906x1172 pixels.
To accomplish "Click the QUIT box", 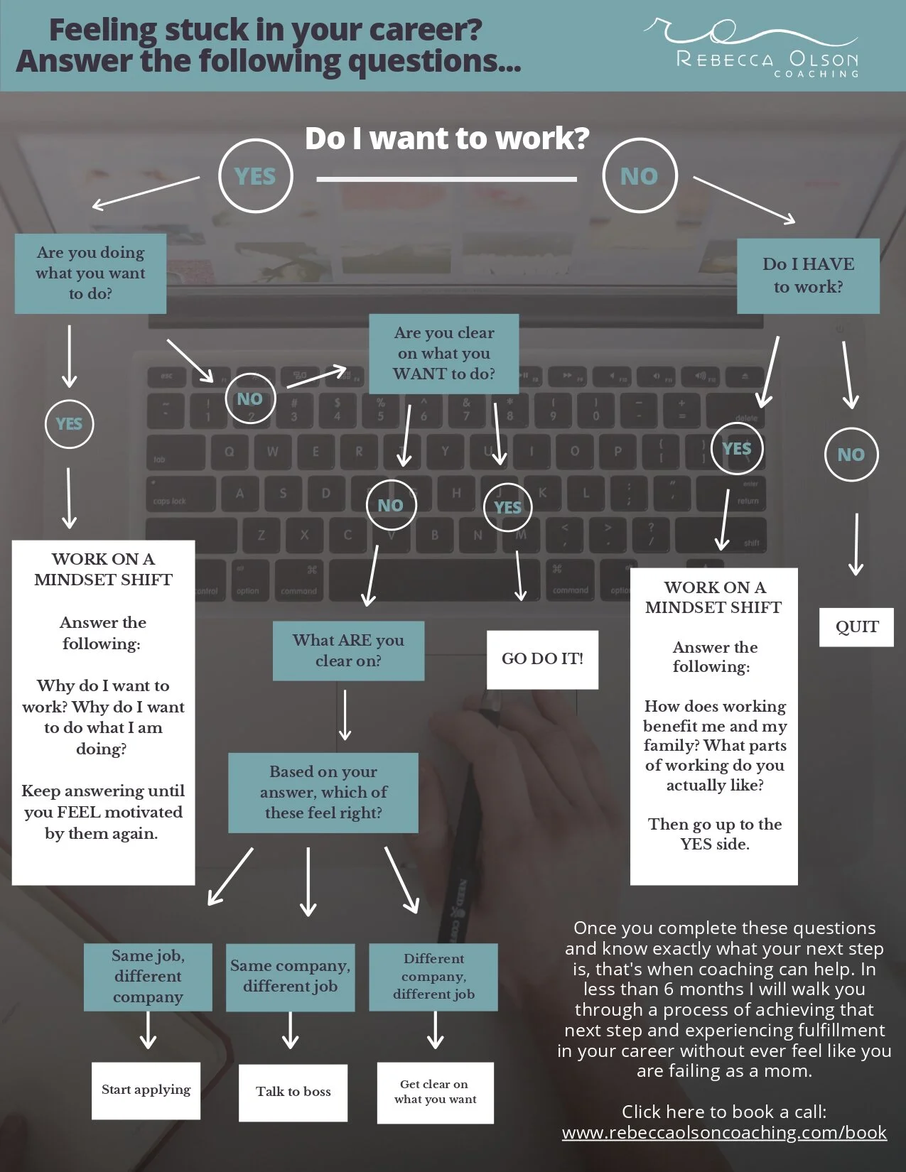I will [856, 626].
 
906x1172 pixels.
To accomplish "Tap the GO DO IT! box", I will [542, 659].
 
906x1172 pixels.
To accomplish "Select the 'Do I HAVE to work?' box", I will [808, 276].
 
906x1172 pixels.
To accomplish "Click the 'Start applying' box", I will [146, 1090].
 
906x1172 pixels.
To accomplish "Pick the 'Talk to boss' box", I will [293, 1092].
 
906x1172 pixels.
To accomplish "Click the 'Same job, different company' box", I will [148, 977].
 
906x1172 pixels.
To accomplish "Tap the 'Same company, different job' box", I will [290, 977].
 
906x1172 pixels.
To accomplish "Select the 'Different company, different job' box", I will [433, 977].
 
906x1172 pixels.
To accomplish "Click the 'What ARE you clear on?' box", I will [348, 651].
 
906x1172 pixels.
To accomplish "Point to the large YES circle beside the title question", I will [255, 176].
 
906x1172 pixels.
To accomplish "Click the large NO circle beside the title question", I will [640, 176].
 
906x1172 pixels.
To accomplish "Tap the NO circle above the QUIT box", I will [851, 455].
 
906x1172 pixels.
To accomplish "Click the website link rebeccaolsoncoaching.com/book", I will [724, 1133].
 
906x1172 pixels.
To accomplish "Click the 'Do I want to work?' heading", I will [447, 139].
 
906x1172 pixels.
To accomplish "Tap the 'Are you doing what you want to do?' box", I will [90, 273].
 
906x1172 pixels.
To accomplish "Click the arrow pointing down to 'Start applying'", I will [148, 1030].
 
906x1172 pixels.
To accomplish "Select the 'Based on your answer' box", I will [323, 793].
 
